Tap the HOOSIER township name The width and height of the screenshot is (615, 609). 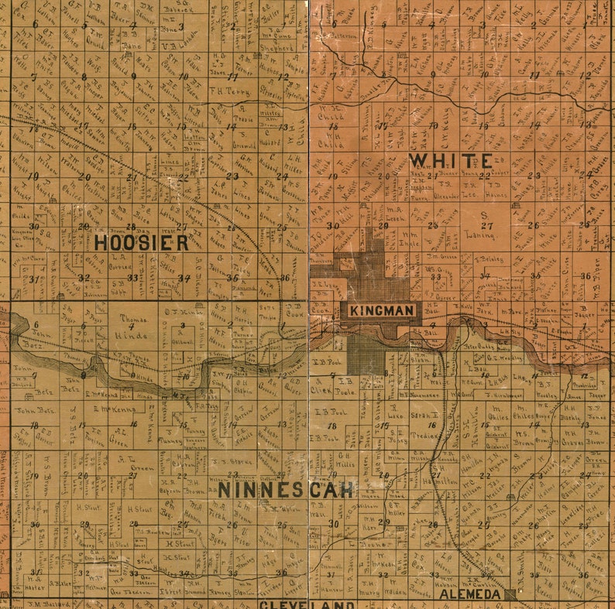click(x=142, y=242)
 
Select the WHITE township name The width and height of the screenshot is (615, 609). click(x=450, y=161)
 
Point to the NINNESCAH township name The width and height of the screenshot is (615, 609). click(x=286, y=490)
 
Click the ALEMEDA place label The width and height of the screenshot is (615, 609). click(x=469, y=594)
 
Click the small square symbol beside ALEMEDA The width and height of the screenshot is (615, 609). click(x=510, y=594)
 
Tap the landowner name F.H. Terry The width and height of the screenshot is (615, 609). click(x=231, y=91)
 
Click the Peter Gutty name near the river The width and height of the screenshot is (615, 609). click(x=479, y=347)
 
